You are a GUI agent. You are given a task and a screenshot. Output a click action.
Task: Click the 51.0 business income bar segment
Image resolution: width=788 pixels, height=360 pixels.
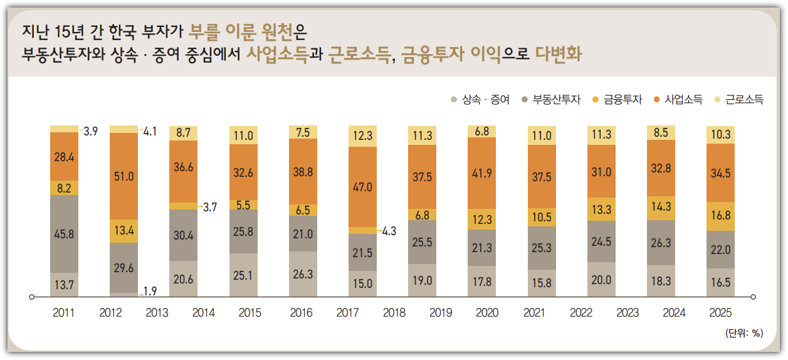point(124,176)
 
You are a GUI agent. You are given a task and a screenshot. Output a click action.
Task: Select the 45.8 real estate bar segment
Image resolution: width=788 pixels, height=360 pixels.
point(65,234)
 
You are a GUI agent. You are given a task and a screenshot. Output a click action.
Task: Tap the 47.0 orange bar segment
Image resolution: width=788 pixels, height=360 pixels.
point(362,186)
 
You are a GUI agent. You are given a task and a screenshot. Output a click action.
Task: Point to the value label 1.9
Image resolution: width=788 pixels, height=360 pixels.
point(150,291)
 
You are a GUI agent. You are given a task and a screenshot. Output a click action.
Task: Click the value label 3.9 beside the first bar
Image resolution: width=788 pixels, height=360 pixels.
point(91,131)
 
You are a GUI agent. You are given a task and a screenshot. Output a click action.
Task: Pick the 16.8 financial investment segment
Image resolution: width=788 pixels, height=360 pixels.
point(720,216)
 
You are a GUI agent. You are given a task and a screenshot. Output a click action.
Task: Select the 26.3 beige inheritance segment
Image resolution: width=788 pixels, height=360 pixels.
point(303,274)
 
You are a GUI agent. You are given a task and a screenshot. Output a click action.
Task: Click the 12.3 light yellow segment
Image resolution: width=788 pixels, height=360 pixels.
point(362,135)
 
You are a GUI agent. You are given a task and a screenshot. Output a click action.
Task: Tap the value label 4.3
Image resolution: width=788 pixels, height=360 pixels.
point(389,230)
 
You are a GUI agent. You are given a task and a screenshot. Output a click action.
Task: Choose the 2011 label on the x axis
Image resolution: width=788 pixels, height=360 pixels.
point(64,313)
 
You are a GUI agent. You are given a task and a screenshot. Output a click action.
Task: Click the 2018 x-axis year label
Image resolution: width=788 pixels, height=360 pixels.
point(394,313)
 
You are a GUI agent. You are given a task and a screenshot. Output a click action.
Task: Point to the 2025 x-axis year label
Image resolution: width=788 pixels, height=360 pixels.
point(720,313)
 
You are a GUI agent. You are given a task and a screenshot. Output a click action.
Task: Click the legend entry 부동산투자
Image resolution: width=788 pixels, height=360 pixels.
point(551,99)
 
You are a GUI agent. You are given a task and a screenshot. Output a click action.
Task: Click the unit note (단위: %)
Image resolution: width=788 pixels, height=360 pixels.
point(743,333)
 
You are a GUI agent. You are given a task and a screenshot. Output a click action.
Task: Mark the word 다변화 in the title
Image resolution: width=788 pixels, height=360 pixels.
point(559,54)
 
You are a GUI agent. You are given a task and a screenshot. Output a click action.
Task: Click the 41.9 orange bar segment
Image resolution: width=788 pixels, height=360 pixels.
point(481,177)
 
